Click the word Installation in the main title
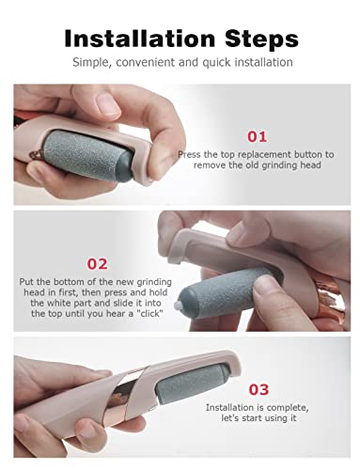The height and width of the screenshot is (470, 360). pos(139,39)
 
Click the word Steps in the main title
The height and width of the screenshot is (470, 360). pos(261,39)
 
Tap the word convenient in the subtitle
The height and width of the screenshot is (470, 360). pos(146,62)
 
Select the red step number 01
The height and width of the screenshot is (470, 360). pos(258,136)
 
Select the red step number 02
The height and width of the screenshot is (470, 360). pos(97,264)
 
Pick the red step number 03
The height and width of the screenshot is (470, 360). pos(258,389)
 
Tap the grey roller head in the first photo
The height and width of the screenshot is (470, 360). pos(86,154)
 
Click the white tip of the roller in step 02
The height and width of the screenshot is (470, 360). pos(178,304)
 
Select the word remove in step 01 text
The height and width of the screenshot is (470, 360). pos(210,165)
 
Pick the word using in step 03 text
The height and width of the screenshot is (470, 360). pos(275,418)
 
